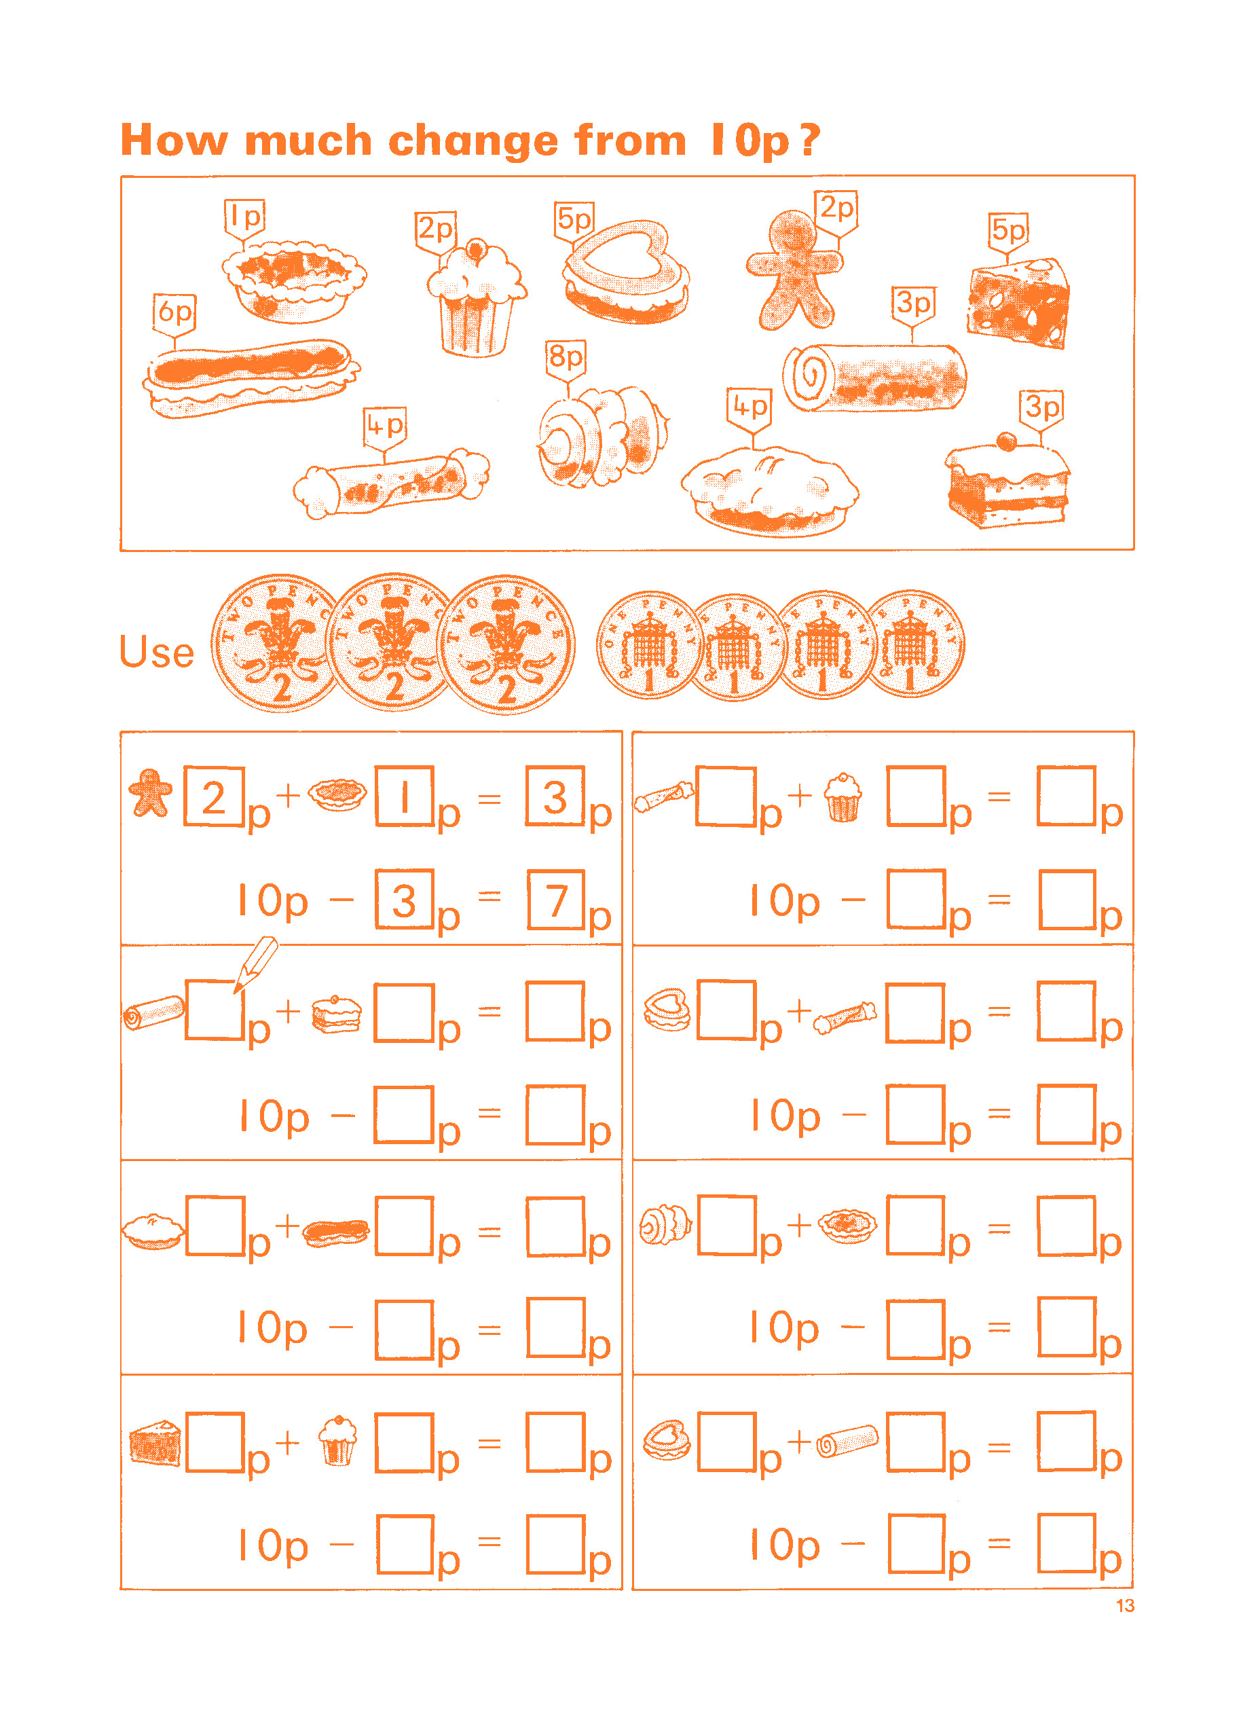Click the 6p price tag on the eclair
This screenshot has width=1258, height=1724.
(x=174, y=314)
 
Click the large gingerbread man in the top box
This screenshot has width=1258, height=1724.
(x=795, y=270)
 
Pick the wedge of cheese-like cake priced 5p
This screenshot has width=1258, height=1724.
(x=1019, y=303)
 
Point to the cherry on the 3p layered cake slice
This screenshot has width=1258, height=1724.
(x=1006, y=441)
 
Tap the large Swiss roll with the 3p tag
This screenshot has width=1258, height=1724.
(x=875, y=377)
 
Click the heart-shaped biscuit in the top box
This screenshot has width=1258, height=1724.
(x=627, y=272)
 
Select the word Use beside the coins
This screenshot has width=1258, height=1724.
(x=157, y=652)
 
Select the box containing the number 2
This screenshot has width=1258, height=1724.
(x=215, y=796)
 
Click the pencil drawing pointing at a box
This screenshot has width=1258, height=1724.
(x=255, y=965)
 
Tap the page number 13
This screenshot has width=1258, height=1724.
(x=1125, y=1606)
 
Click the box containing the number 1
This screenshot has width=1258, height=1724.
(x=405, y=796)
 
